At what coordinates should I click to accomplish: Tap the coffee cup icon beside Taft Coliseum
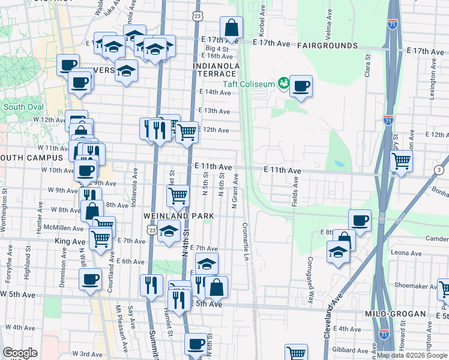pyautogui.click(x=300, y=85)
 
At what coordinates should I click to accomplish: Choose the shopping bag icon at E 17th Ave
pyautogui.click(x=231, y=27)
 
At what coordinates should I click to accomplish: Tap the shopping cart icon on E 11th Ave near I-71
pyautogui.click(x=400, y=160)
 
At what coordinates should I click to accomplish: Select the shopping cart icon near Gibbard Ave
pyautogui.click(x=295, y=353)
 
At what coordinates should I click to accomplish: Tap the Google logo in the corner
pyautogui.click(x=20, y=353)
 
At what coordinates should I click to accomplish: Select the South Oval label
pyautogui.click(x=23, y=107)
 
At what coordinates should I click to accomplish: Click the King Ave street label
pyautogui.click(x=70, y=241)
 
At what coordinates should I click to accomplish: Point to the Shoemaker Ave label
pyautogui.click(x=414, y=286)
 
